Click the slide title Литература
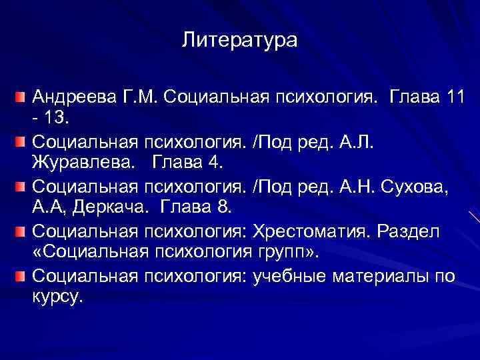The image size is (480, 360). click(x=239, y=41)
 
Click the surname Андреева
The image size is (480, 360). click(x=73, y=99)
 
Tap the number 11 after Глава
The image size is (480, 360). click(x=456, y=99)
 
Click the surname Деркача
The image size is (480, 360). click(x=105, y=209)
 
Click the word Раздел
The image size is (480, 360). click(x=426, y=231)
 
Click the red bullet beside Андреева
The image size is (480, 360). click(x=21, y=99)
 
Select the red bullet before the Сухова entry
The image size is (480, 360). click(x=21, y=187)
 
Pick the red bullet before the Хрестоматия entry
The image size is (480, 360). click(x=21, y=231)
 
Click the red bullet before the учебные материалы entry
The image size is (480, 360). click(x=21, y=275)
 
